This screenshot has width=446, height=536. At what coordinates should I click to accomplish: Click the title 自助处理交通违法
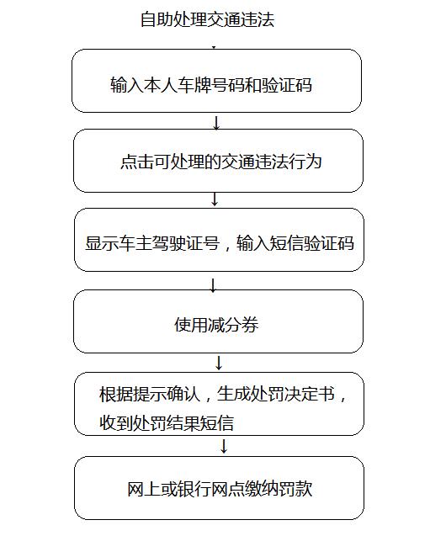[207, 19]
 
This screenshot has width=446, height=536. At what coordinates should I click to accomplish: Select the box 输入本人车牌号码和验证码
[216, 81]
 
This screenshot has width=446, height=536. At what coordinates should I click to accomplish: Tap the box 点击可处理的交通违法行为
[219, 161]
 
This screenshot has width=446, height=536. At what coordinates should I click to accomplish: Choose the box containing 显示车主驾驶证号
[219, 240]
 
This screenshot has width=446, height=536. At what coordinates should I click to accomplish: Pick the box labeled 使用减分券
[219, 321]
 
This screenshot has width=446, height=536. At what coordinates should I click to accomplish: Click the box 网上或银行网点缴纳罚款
[219, 488]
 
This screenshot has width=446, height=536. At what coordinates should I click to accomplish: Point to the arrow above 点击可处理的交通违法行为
[216, 123]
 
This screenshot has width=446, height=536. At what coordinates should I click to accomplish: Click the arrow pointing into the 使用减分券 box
[213, 285]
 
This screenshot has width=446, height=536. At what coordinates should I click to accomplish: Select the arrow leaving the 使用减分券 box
[219, 363]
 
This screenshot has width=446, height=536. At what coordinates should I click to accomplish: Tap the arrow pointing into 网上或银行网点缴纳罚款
[224, 447]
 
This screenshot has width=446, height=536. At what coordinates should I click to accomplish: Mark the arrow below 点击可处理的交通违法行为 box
[215, 199]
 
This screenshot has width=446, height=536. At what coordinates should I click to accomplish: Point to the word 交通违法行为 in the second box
[271, 162]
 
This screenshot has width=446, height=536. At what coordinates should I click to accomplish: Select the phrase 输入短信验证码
[295, 243]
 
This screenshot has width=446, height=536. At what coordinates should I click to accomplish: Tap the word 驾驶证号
[186, 243]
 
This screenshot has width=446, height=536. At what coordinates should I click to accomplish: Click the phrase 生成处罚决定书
[276, 394]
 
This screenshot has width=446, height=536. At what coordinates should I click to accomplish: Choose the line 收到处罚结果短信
[167, 423]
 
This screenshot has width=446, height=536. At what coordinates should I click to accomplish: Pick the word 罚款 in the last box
[295, 489]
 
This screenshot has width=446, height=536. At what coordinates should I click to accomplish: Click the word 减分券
[233, 325]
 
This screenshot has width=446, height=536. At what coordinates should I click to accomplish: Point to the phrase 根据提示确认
[149, 394]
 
